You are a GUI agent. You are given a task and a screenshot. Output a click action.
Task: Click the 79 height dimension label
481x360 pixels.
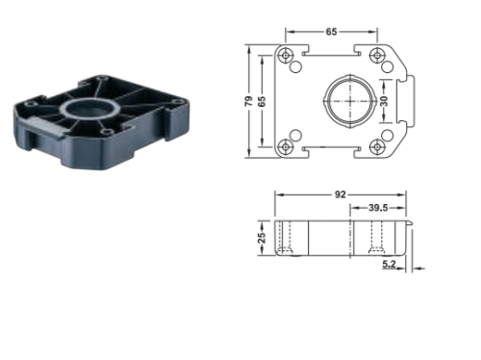[x=249, y=101]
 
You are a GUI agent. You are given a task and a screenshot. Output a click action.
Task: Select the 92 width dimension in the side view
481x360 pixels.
[x=341, y=194]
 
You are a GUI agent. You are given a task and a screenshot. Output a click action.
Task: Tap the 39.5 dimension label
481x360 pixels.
[x=378, y=208]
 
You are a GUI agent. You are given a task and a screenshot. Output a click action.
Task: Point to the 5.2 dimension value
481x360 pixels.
[x=389, y=265]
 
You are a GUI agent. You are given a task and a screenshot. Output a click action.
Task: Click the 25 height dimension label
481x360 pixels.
[x=262, y=238]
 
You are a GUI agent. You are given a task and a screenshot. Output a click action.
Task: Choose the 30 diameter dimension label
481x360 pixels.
[x=384, y=101]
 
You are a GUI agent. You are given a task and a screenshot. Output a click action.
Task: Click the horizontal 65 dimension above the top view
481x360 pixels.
[x=331, y=32]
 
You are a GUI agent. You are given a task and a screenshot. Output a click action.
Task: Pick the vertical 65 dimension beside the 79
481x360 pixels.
[x=262, y=101]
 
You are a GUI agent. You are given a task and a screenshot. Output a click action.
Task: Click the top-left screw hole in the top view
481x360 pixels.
[x=286, y=56]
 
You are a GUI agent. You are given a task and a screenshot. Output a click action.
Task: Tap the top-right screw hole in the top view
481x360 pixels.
[x=377, y=56]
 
